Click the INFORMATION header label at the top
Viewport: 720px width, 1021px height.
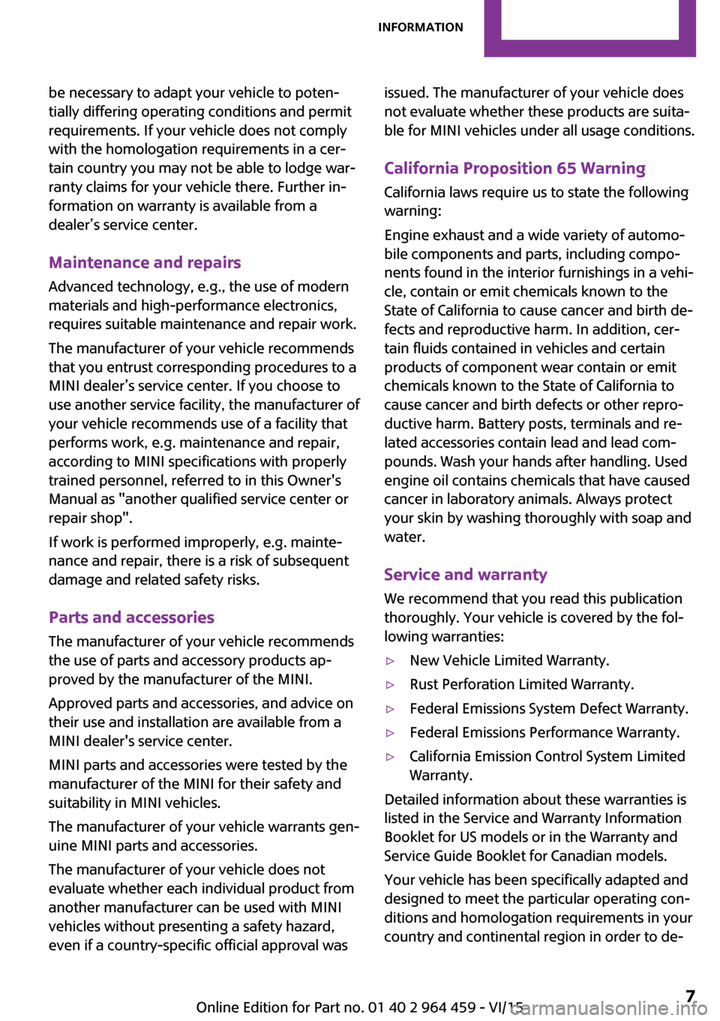click(x=420, y=28)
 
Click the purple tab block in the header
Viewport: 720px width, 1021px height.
click(x=589, y=28)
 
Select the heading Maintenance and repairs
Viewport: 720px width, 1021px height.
click(x=145, y=262)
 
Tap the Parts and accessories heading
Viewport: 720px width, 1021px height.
click(x=131, y=617)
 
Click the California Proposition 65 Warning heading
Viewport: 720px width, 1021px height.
click(x=514, y=168)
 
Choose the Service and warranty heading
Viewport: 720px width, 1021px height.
click(x=465, y=574)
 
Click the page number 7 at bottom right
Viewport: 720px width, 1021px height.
click(x=690, y=996)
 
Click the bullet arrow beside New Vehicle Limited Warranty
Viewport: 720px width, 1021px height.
click(x=390, y=661)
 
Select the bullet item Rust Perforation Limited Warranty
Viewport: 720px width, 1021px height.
click(x=521, y=684)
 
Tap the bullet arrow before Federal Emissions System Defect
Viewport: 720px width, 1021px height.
click(x=390, y=709)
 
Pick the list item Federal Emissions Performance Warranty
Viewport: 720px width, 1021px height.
click(x=544, y=732)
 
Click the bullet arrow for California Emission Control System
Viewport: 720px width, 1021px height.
click(x=390, y=757)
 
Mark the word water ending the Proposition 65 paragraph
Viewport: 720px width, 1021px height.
click(x=404, y=537)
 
